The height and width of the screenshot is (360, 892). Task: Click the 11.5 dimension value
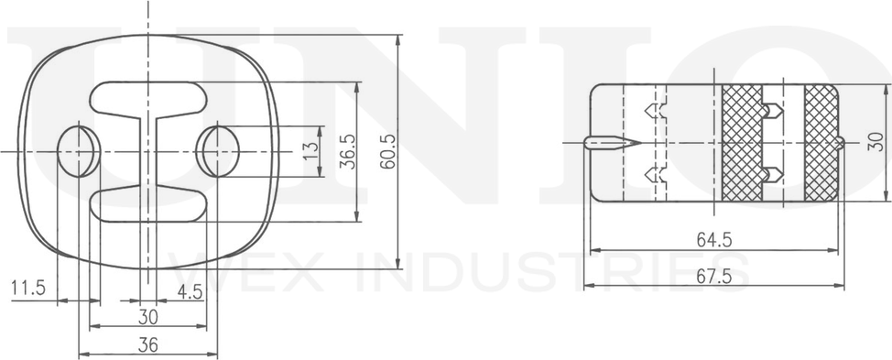27,288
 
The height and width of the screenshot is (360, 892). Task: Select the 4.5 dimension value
190,291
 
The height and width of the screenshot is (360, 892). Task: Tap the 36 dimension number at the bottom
148,344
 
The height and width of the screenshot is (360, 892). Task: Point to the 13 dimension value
311,151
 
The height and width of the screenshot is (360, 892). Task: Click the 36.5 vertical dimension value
347,151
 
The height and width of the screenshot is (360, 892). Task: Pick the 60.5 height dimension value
388,151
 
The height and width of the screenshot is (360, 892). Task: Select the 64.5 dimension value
714,240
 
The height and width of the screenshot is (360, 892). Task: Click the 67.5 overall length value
714,276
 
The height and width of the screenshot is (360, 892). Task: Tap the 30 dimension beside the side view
876,141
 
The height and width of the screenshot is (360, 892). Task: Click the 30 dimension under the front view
148,316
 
